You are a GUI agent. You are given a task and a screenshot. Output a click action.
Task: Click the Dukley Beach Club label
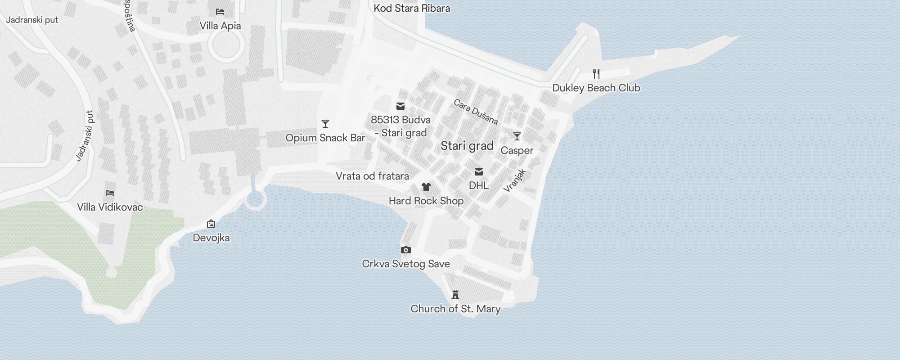(596, 88)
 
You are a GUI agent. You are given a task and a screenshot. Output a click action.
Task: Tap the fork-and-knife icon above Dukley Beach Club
(596, 74)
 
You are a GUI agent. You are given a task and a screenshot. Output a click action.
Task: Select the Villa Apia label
(220, 26)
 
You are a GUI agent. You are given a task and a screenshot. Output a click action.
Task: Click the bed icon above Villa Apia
(220, 12)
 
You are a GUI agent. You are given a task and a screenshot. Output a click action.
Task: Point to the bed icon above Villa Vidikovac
(110, 193)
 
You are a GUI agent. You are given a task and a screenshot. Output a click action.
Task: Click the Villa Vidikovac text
(110, 207)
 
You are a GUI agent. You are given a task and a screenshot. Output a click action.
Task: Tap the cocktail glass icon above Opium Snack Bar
(325, 124)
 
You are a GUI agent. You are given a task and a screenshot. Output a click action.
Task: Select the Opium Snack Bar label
(325, 138)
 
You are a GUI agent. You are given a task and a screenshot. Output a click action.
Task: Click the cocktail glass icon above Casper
(517, 136)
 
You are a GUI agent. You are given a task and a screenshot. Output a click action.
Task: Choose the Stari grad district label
(467, 146)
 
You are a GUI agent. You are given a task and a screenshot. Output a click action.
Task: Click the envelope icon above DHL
(479, 172)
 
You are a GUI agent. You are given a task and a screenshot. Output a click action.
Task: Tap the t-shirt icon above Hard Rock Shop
(426, 187)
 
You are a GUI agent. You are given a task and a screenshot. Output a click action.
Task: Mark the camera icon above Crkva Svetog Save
(406, 250)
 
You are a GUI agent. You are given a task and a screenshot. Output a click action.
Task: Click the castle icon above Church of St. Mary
(455, 295)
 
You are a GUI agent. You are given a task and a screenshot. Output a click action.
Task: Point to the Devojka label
(211, 238)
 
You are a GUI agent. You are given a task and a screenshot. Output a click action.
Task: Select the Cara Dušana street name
(476, 112)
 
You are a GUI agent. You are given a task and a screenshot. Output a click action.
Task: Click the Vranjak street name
(515, 180)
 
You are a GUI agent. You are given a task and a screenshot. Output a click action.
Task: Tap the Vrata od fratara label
(372, 176)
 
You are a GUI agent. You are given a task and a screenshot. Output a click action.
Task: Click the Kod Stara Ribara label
(412, 8)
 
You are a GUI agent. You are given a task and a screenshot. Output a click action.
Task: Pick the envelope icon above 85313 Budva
(400, 106)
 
